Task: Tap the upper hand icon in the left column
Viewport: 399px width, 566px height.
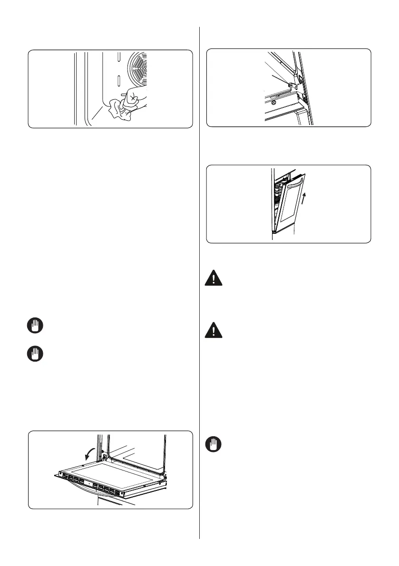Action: [x=37, y=326]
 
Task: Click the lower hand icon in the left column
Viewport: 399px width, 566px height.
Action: [x=37, y=355]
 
